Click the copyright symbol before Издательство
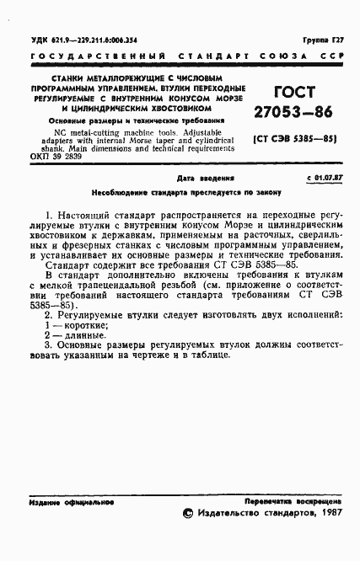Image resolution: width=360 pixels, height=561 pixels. point(189,512)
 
